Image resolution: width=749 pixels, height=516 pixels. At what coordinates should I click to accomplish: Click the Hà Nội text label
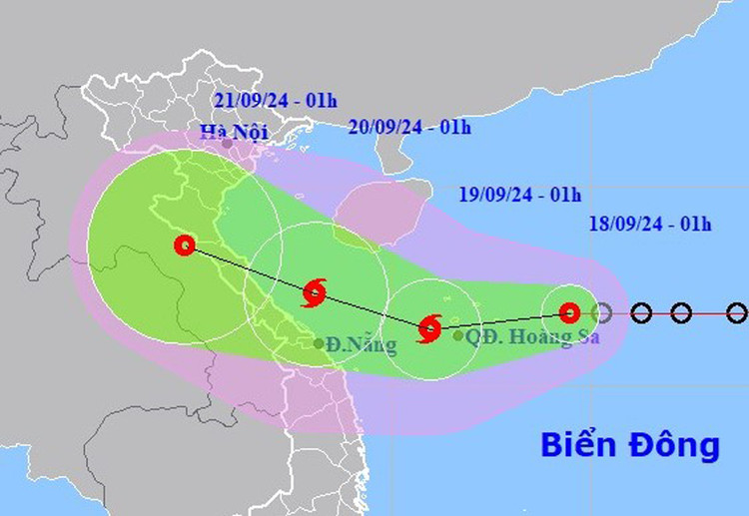click(x=228, y=131)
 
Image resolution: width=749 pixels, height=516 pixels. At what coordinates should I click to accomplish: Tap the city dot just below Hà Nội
click(x=228, y=144)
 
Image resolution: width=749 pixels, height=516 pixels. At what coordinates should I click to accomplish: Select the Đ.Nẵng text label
click(x=361, y=345)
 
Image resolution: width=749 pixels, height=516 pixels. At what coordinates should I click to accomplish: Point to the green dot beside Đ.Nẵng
click(x=319, y=343)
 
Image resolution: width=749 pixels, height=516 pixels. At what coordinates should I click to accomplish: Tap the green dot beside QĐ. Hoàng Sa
click(x=458, y=336)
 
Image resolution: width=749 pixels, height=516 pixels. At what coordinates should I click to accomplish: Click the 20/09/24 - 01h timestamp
click(x=410, y=127)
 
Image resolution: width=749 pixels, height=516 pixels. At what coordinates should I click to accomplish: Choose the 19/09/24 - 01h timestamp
click(x=521, y=196)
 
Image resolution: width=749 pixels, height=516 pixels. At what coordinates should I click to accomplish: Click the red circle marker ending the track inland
click(x=184, y=245)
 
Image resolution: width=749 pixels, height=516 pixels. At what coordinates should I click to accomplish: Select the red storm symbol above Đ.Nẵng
click(x=314, y=292)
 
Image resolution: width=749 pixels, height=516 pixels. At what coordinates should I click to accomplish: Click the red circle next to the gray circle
click(x=569, y=312)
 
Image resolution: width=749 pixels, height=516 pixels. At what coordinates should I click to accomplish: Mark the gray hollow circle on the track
click(x=601, y=313)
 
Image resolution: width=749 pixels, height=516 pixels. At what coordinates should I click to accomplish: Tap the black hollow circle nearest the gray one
click(x=641, y=313)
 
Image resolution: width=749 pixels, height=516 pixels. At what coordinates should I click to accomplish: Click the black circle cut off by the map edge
click(x=737, y=313)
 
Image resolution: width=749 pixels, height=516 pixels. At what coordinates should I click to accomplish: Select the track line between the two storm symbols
click(x=372, y=309)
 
